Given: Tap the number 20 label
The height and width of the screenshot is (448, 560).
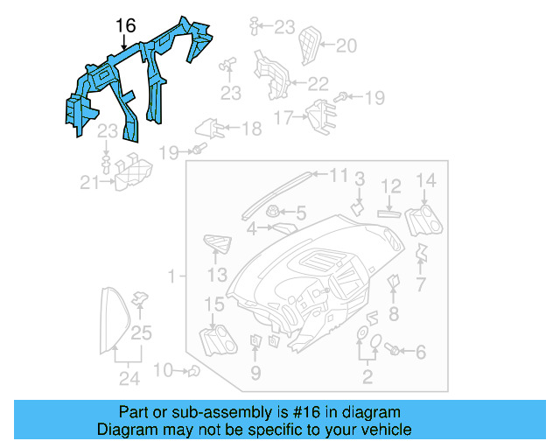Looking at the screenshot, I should [347, 45].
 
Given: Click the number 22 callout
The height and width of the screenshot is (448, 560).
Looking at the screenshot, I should [318, 83].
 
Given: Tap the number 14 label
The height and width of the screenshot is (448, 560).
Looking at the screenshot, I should [425, 181].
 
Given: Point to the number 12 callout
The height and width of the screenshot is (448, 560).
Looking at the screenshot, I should [390, 185].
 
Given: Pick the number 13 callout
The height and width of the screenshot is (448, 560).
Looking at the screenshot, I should [217, 276].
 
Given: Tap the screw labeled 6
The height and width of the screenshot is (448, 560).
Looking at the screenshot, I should [393, 351].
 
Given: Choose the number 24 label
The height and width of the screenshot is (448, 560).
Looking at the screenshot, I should [129, 378].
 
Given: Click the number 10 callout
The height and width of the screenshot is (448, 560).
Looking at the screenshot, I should [164, 370].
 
